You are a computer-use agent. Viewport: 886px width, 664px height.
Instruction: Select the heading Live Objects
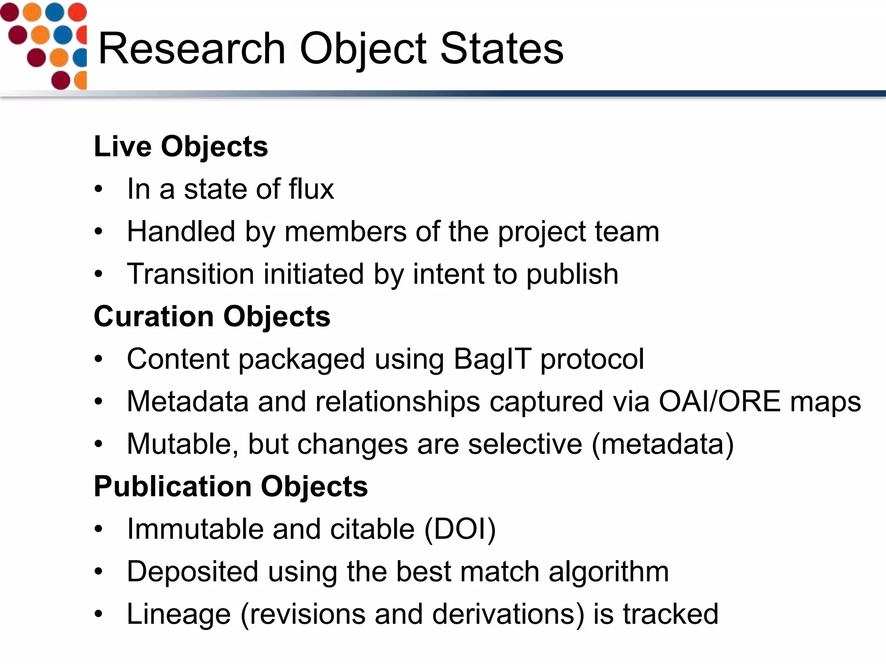coord(181,147)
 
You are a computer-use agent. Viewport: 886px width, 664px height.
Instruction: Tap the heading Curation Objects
coord(212,316)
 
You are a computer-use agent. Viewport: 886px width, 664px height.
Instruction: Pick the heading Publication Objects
coord(231,486)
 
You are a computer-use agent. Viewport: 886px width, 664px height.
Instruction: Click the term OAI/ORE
coord(719,402)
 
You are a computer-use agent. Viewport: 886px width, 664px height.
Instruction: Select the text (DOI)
coord(460,529)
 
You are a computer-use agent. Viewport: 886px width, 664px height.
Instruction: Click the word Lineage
coord(179,614)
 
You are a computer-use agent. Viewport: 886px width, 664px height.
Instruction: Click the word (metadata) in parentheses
coord(663,444)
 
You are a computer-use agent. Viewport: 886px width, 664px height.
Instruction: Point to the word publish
coord(572,274)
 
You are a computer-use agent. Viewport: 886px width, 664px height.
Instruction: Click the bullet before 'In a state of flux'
coord(99,189)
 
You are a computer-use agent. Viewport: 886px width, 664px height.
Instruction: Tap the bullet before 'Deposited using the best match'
coord(99,571)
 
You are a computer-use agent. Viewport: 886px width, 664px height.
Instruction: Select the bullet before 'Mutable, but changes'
coord(99,444)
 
